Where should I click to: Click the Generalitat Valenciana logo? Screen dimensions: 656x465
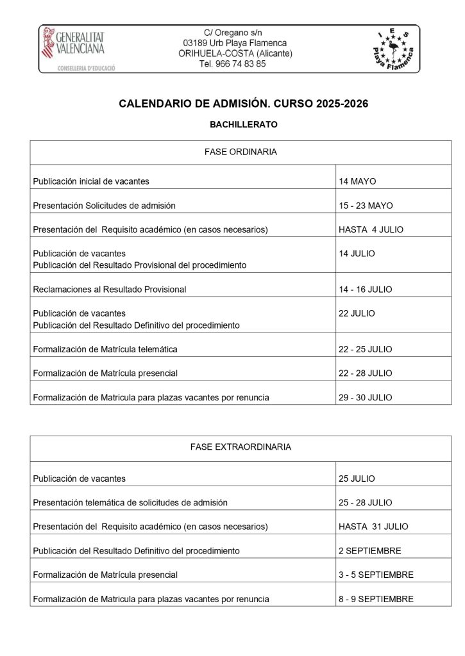coord(72,49)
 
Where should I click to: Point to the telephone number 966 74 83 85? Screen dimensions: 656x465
coord(233,64)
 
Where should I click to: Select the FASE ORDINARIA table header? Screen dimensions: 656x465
coord(241,152)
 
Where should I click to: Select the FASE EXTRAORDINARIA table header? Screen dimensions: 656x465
coord(241,447)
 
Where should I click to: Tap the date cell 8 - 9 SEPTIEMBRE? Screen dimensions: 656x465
coord(376,599)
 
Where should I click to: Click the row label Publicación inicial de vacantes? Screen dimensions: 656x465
coord(91,181)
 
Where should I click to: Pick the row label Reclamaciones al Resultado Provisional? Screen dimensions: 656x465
coord(110,290)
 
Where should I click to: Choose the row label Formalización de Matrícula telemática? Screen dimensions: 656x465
coord(105,349)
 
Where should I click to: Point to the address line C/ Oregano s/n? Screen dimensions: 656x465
coord(233,33)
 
